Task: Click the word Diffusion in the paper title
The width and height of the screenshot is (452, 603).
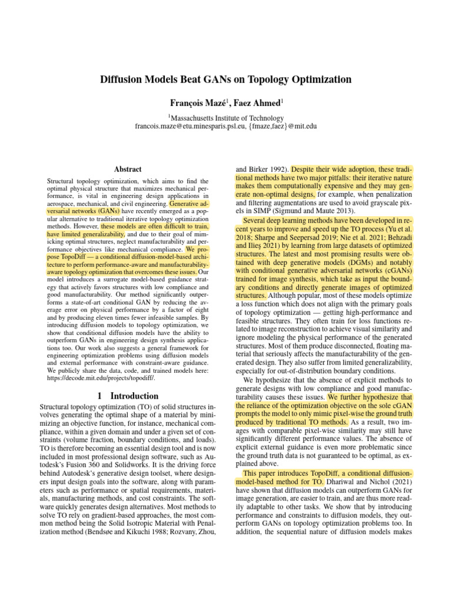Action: tap(121, 79)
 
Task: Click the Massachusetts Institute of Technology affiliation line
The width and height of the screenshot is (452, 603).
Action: tap(227, 118)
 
